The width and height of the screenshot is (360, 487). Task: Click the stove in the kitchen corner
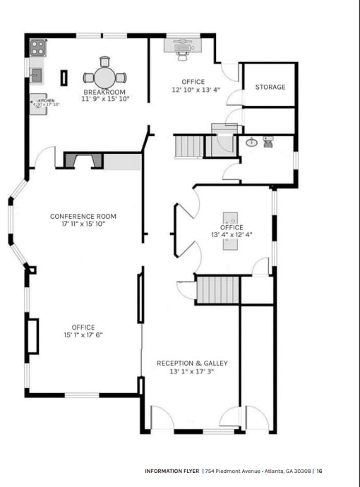[x=37, y=48]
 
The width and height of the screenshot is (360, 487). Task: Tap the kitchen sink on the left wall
[x=35, y=74]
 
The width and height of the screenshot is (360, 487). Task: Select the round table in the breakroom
[x=104, y=76]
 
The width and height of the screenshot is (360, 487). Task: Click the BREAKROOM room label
[x=104, y=92]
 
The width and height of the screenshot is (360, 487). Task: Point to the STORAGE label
[x=270, y=87]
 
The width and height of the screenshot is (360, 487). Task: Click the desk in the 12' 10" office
[x=183, y=44]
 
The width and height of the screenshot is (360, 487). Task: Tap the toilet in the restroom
[x=268, y=143]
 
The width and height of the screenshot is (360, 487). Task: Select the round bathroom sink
[x=251, y=143]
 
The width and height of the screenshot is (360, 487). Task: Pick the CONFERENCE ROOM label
[x=83, y=216]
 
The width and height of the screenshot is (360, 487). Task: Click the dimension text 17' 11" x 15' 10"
[x=83, y=224]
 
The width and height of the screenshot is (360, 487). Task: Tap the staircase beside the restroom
[x=188, y=147]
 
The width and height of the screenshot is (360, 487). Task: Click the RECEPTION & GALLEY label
[x=192, y=363]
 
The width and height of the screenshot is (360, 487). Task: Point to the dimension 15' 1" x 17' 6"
[x=83, y=335]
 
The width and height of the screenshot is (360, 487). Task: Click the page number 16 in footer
[x=319, y=471]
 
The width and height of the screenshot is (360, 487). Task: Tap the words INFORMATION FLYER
[x=172, y=471]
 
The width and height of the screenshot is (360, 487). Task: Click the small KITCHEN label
[x=46, y=101]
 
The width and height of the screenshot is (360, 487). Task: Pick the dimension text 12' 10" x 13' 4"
[x=196, y=90]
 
